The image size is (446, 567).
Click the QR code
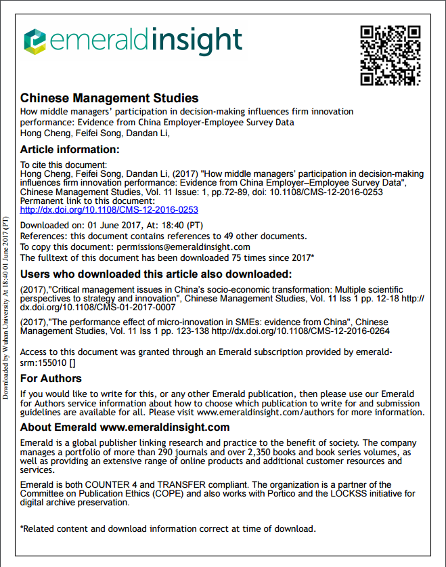coord(391,56)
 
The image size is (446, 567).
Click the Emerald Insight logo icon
coord(35,41)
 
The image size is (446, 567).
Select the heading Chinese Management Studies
coord(109,98)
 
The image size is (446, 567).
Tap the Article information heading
coord(70,150)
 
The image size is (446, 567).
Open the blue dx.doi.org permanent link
coord(109,210)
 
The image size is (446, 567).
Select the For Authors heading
coord(51,378)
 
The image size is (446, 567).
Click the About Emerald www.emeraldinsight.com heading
coord(125,427)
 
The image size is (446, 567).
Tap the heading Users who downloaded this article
coord(156,274)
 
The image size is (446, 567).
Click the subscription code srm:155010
coord(43,362)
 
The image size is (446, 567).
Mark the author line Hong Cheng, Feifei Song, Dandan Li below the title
coord(95,132)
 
